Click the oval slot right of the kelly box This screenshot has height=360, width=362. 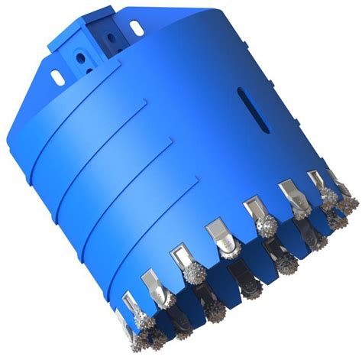[136, 28]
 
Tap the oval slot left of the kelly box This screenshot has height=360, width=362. [57, 77]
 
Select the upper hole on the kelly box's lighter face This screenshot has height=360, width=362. [80, 58]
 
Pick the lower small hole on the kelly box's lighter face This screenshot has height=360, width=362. [89, 71]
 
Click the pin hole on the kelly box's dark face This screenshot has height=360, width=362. [111, 37]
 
